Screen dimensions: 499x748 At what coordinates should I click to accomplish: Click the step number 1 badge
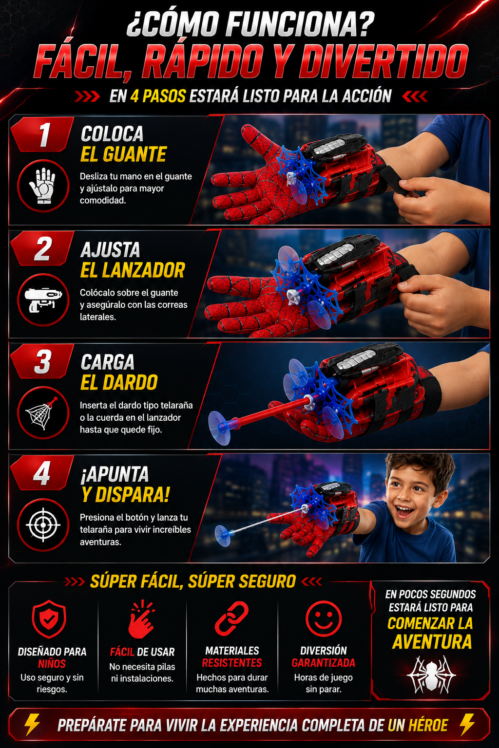(x=42, y=134)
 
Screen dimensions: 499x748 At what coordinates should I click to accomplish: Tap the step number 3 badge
(x=42, y=361)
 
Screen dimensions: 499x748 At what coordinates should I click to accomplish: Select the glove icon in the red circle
(x=43, y=186)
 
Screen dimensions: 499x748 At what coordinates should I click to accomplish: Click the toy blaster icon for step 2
(x=43, y=299)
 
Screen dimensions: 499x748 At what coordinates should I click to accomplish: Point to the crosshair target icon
(x=43, y=525)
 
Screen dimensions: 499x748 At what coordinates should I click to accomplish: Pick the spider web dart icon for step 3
(x=42, y=413)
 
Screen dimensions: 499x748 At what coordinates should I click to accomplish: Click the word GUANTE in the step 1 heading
(x=134, y=154)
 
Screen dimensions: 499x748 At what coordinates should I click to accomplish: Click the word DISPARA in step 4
(x=133, y=495)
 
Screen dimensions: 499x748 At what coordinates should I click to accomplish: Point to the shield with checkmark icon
(x=49, y=619)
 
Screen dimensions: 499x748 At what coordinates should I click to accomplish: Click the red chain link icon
(x=231, y=619)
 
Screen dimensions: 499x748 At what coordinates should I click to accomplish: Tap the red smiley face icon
(x=323, y=619)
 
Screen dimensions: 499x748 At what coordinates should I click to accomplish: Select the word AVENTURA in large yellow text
(x=432, y=641)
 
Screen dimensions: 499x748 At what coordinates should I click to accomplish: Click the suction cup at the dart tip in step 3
(x=220, y=428)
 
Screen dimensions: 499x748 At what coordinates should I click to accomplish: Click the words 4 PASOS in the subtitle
(x=158, y=96)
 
